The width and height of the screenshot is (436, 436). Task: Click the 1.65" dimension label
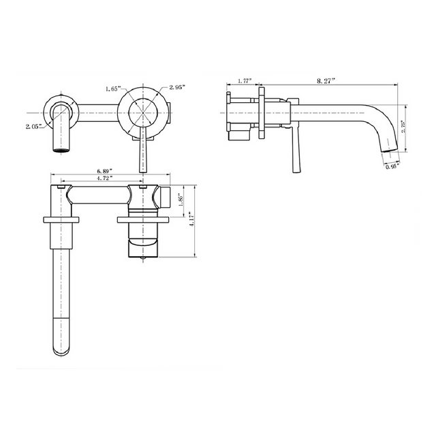[x=113, y=89]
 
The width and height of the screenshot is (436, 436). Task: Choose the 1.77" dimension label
[x=245, y=81]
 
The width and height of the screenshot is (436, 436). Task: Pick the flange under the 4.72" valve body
[x=142, y=219]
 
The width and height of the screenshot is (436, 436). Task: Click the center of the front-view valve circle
[x=142, y=111]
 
